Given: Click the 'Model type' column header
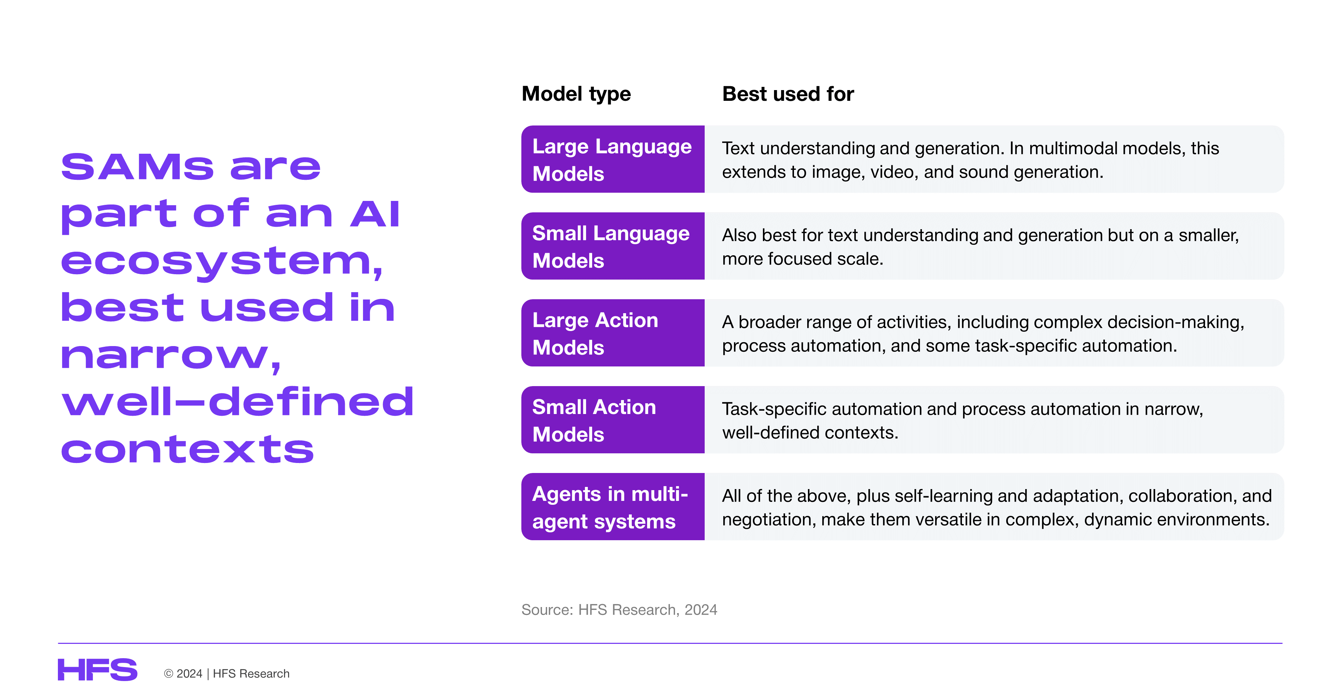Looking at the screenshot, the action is click(576, 94).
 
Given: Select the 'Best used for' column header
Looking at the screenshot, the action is click(788, 94).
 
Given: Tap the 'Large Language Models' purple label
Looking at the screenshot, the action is click(613, 159).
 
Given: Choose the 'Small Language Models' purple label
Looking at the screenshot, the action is click(613, 246).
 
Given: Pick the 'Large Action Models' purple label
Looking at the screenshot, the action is click(613, 333).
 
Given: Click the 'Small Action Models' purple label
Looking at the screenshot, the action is click(613, 420).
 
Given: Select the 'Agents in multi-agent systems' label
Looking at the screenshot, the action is click(613, 507).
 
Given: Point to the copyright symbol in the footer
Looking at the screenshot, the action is click(169, 674).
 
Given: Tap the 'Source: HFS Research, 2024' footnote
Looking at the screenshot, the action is click(619, 610).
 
